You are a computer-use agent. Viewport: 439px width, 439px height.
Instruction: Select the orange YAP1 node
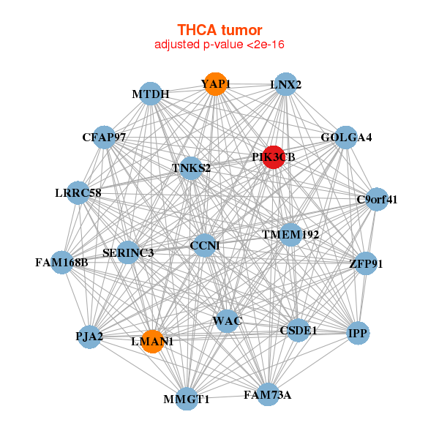(214, 84)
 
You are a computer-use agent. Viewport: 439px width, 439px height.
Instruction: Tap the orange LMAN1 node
(151, 341)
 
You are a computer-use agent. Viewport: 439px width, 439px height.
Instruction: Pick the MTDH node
(151, 94)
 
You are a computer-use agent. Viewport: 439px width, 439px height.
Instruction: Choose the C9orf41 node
(376, 199)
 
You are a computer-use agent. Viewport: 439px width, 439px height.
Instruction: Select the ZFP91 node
(365, 263)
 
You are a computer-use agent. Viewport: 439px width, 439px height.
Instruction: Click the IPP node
(358, 333)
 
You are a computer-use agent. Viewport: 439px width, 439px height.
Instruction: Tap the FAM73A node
(268, 394)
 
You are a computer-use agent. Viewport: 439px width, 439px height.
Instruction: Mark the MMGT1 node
(187, 399)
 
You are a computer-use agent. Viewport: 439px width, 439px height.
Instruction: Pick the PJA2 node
(89, 337)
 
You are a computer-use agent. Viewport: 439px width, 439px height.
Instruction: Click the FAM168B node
(61, 262)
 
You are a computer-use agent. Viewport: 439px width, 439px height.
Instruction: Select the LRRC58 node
(78, 193)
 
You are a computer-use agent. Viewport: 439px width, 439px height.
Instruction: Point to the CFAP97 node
(105, 138)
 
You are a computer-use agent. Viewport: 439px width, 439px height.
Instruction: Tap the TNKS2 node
(191, 168)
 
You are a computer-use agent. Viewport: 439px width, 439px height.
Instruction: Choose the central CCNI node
(204, 246)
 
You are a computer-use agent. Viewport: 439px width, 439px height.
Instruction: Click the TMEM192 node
(291, 235)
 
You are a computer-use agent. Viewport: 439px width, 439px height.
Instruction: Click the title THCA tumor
(219, 30)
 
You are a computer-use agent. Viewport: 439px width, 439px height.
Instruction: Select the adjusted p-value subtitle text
(219, 45)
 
